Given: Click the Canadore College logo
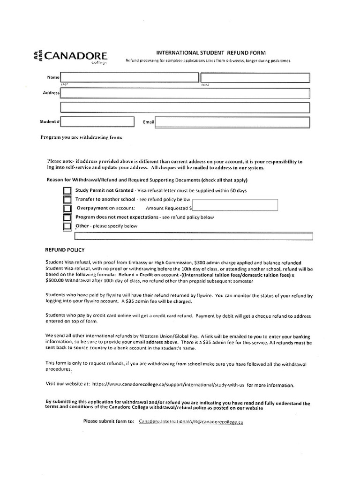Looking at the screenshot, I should coord(71,57).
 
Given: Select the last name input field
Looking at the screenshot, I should coord(129,77).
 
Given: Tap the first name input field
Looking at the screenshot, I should coord(255,77).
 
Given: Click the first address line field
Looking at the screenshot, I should coord(185,93).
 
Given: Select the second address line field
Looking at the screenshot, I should coord(185,107).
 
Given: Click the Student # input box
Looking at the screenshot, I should coord(88,122).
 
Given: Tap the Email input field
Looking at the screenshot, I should coord(232,122).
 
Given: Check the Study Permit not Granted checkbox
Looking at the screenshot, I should coord(67,191).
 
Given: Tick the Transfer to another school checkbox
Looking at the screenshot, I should coord(67,200).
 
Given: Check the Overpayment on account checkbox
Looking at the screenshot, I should coord(67,209).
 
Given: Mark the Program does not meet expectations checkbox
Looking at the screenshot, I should coord(67,217).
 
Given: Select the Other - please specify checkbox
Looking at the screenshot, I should coord(67,226).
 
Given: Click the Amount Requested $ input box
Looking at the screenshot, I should coord(235,205).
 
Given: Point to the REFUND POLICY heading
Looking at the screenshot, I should coord(65,250).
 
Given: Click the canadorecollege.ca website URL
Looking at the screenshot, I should coord(167,385).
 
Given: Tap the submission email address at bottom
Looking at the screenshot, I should coord(191,421).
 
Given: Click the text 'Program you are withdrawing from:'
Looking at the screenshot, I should coord(82,138).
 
